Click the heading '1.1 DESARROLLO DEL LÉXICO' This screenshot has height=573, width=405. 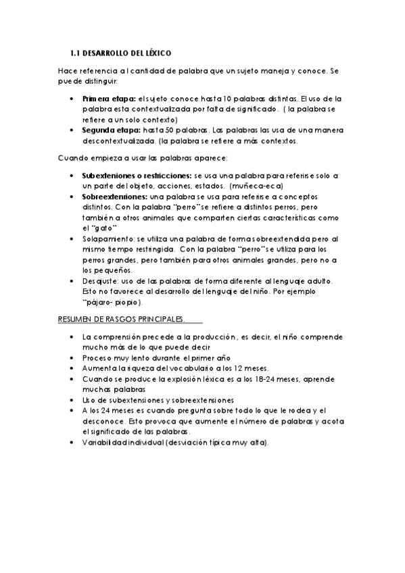(121, 53)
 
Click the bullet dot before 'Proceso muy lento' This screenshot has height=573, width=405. (72, 358)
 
